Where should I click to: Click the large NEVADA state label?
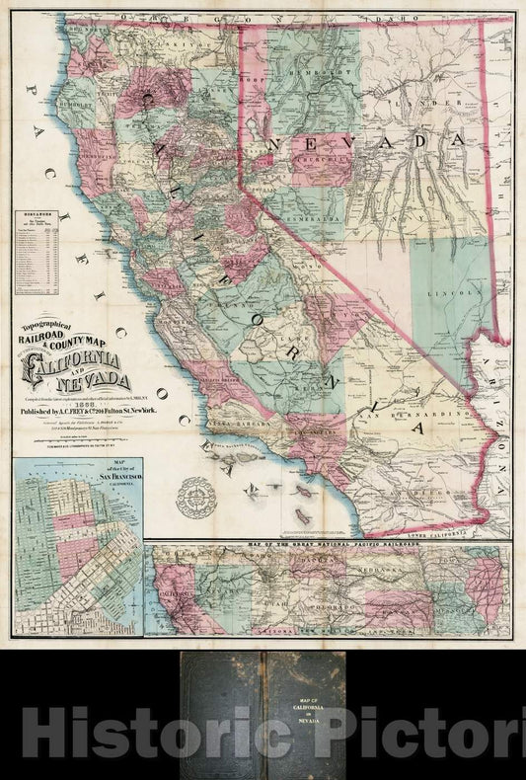(366, 144)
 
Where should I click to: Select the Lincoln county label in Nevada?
(460, 294)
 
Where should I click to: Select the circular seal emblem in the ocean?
(195, 500)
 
